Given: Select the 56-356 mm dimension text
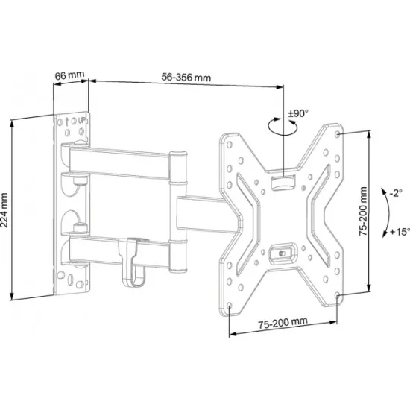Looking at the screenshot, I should [186, 77].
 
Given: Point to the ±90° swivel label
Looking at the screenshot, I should [298, 114].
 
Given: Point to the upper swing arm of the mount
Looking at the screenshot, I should [119, 159].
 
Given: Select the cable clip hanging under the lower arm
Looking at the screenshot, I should [133, 261].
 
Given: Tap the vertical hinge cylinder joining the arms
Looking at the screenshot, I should [178, 198].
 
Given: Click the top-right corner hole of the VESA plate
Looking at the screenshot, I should [339, 134].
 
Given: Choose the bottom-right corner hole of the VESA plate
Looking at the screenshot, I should [339, 297].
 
